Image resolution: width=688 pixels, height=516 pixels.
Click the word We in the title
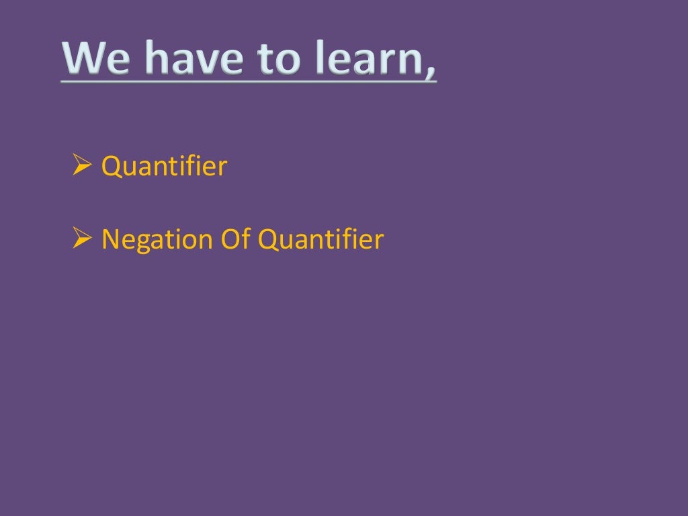[95, 58]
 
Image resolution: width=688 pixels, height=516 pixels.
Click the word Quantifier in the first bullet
[164, 166]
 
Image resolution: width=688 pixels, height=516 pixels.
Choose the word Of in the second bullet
[232, 239]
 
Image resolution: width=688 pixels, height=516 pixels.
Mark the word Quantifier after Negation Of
[321, 239]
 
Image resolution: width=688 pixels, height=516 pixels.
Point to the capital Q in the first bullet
[111, 167]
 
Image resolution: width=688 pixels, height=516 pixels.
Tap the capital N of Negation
[110, 239]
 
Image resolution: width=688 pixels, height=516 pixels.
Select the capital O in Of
[227, 239]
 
